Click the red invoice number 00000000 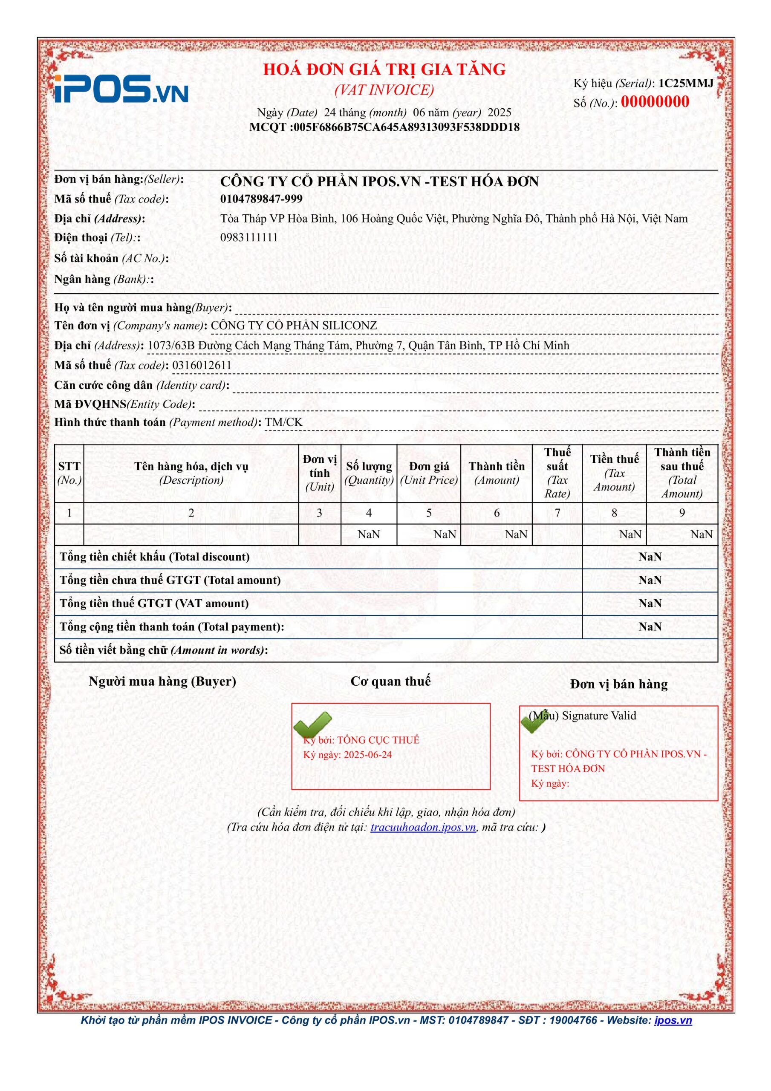655,102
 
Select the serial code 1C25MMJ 685,83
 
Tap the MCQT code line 384,127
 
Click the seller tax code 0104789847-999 261,199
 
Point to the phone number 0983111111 248,237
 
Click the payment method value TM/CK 283,422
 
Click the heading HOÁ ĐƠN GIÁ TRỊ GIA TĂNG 384,69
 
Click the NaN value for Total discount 650,557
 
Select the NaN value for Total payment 650,627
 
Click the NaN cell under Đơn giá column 445,534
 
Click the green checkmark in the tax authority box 312,724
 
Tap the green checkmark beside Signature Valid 533,722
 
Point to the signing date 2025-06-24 367,755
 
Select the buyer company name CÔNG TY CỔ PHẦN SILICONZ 293,326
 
